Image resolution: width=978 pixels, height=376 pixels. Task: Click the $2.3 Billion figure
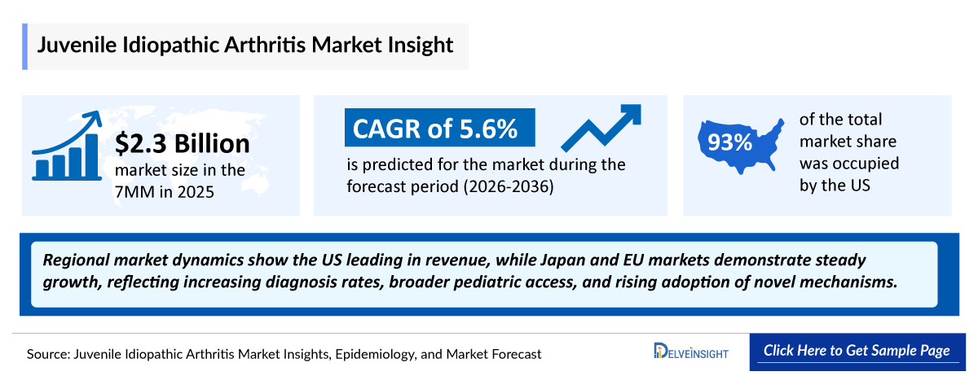pyautogui.click(x=182, y=144)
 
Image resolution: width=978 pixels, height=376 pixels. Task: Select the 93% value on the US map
pyautogui.click(x=729, y=143)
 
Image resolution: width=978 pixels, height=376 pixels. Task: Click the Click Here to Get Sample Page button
pyautogui.click(x=857, y=352)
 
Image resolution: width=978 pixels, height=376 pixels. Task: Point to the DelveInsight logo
pyautogui.click(x=691, y=352)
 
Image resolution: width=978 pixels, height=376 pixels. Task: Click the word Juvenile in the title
pyautogui.click(x=76, y=44)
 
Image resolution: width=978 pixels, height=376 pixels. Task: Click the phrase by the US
pyautogui.click(x=835, y=185)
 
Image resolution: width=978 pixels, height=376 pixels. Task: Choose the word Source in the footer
pyautogui.click(x=49, y=354)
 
